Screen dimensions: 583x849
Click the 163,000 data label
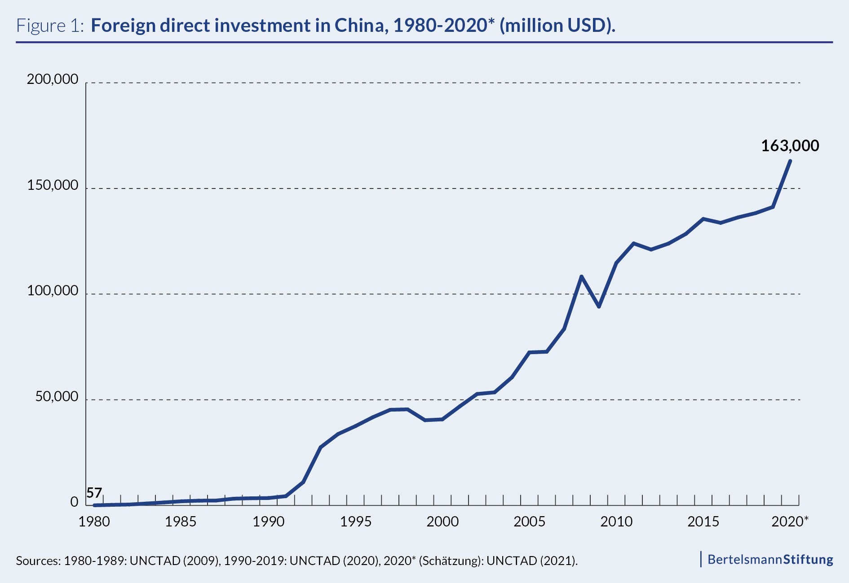coord(790,146)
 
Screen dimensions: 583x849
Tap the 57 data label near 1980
coord(94,493)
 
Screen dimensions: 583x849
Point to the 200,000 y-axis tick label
coord(53,79)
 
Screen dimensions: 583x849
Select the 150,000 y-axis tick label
coord(53,185)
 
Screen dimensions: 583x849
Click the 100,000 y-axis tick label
coord(53,291)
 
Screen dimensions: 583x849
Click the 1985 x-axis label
coord(181,522)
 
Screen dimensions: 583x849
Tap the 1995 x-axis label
coord(355,522)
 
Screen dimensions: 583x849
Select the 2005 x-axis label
coord(529,522)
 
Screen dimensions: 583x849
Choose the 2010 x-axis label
coord(616,522)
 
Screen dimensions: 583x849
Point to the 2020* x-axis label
coord(790,522)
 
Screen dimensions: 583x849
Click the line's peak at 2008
coord(581,276)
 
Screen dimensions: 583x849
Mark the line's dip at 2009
coord(599,307)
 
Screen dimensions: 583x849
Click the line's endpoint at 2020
coord(790,161)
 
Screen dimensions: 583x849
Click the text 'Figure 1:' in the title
coord(50,26)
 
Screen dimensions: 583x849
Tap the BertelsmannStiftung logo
coord(770,559)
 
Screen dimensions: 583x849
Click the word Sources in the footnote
coord(37,561)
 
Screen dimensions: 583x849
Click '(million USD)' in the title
coord(557,26)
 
